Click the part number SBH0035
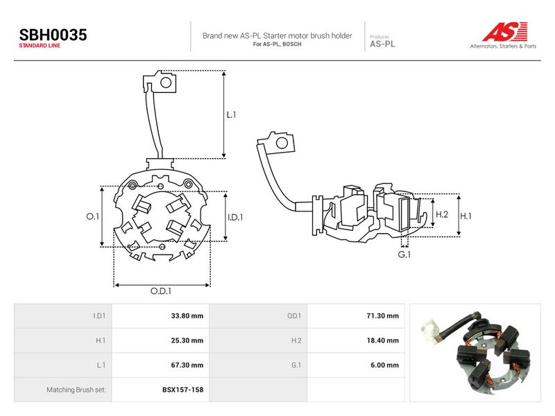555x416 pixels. (x=53, y=35)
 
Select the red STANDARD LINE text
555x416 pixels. (x=40, y=46)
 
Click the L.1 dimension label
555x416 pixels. (x=231, y=114)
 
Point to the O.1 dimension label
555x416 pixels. (x=93, y=216)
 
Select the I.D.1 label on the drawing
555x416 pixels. (x=235, y=217)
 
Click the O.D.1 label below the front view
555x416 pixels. (x=161, y=291)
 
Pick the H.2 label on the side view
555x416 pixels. (x=442, y=214)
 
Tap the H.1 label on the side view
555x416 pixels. (x=466, y=216)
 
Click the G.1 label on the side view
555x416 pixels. (x=404, y=254)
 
